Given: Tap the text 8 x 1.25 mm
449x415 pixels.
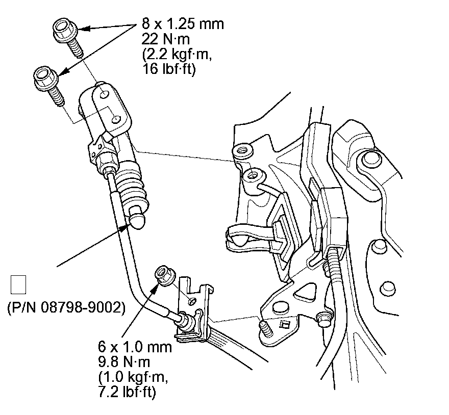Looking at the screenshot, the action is [x=183, y=23].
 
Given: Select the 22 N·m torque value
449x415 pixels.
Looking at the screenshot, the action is [x=165, y=39].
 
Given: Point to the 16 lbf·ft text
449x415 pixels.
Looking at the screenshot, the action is [x=169, y=69].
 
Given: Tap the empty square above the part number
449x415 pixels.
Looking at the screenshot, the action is [x=18, y=285].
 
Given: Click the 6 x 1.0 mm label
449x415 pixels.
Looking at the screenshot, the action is [x=135, y=347].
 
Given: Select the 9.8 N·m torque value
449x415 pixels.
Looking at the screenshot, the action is [x=124, y=362].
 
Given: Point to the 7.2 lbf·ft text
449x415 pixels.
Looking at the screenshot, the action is [x=127, y=392].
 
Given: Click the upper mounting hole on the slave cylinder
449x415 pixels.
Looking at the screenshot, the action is [x=105, y=94].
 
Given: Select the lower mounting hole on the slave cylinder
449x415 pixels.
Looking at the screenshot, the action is [x=116, y=120].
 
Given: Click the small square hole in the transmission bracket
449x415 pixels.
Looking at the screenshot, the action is [x=284, y=325].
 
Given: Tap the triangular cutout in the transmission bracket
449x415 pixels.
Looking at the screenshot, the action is [x=306, y=293].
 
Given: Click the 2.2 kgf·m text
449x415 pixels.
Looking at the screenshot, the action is [x=177, y=54].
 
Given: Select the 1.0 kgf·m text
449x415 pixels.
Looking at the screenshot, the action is [x=133, y=377].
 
